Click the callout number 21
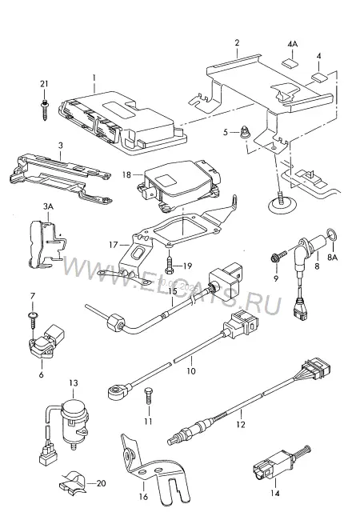tap(44, 84)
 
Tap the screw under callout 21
tap(45, 109)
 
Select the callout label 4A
tap(292, 45)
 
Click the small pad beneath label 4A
tap(289, 62)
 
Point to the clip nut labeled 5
tap(244, 131)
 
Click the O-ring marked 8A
tap(332, 234)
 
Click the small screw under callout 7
tap(33, 319)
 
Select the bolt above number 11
tap(148, 395)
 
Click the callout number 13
tap(74, 383)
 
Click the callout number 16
tap(143, 496)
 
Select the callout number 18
tap(126, 174)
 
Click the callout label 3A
tap(48, 206)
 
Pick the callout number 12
tap(240, 425)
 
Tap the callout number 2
tap(237, 42)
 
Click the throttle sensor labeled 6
tap(45, 342)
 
